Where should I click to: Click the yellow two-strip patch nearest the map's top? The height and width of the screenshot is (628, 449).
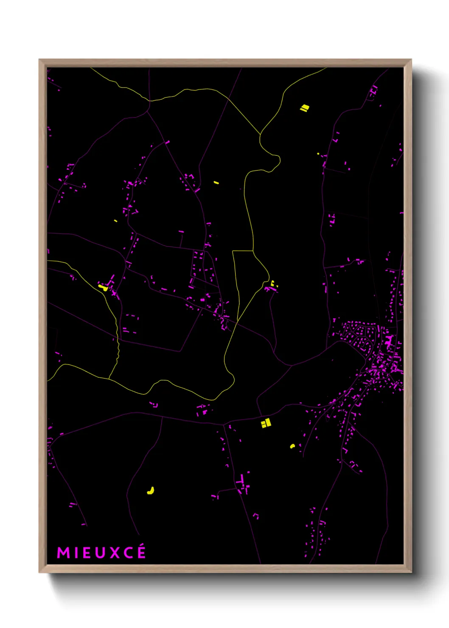[304, 108]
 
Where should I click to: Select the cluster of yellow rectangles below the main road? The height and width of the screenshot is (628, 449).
[266, 423]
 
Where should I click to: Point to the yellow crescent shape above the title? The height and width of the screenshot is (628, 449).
[151, 491]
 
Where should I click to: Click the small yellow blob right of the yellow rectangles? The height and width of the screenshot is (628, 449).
[292, 446]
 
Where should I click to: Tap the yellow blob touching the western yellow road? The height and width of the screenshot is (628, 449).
[103, 287]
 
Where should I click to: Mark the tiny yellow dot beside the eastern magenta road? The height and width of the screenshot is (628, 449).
[318, 154]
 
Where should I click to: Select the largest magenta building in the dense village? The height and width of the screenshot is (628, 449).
[389, 341]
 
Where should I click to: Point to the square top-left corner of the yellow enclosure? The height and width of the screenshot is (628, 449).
[233, 251]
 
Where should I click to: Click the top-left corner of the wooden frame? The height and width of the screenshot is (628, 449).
[39, 60]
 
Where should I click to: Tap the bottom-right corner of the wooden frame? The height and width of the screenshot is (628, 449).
[411, 572]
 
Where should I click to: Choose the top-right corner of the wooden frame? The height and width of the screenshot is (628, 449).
[411, 60]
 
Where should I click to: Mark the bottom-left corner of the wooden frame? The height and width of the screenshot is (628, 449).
[39, 572]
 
